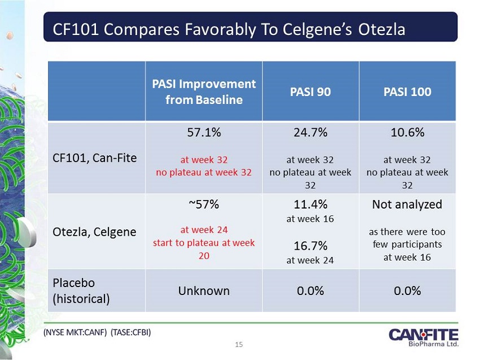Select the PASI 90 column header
click(x=311, y=92)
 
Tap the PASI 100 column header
click(x=407, y=92)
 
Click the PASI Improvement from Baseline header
click(x=204, y=92)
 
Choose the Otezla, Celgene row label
click(x=95, y=232)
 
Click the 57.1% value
click(x=204, y=133)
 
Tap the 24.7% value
click(x=311, y=133)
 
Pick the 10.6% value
click(x=407, y=133)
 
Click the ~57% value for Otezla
click(x=204, y=205)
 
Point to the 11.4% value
click(x=311, y=205)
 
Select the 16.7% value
click(x=311, y=246)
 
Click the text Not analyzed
click(x=407, y=205)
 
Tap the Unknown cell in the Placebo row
click(x=204, y=290)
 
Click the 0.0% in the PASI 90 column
click(x=311, y=290)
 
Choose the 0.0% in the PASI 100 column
click(x=407, y=290)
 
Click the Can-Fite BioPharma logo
click(x=423, y=337)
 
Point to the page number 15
click(x=239, y=344)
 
